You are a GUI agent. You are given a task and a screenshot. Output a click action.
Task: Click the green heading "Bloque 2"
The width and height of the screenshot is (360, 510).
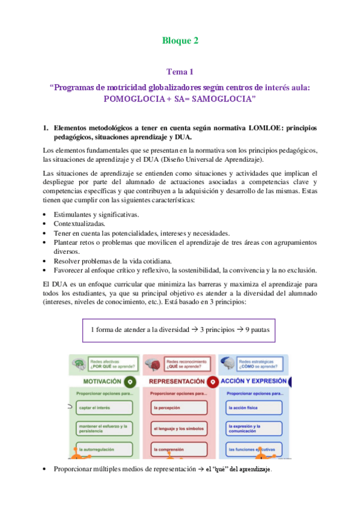tap(180, 41)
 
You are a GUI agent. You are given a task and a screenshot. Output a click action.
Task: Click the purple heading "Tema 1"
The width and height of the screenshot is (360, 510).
tap(180, 72)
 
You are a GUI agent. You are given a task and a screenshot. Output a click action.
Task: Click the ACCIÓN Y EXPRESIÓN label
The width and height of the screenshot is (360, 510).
tap(252, 381)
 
